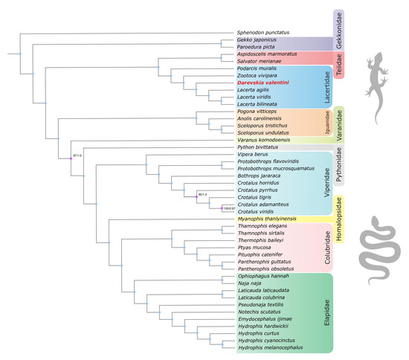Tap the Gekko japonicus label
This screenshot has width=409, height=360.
(258, 42)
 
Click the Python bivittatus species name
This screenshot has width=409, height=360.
(260, 148)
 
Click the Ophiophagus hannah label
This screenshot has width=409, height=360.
(263, 275)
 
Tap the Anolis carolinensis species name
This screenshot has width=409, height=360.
(263, 118)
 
